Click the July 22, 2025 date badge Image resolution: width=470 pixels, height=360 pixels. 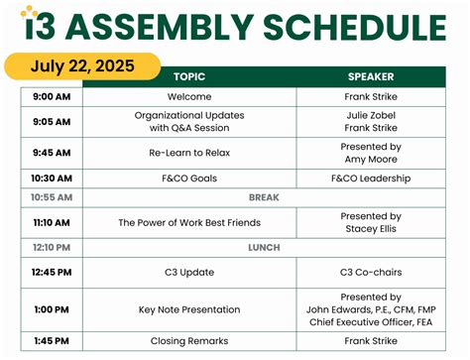tap(80, 66)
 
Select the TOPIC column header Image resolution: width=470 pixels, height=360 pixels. tap(189, 76)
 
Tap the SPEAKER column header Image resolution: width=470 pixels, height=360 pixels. tap(371, 76)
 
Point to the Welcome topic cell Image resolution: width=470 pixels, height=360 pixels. tap(189, 97)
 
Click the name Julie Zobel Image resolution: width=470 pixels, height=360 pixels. tap(371, 115)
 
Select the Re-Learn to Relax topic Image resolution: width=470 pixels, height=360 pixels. tap(189, 153)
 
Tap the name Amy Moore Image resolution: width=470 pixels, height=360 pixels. tap(371, 159)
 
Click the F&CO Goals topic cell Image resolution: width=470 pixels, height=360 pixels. tap(189, 179)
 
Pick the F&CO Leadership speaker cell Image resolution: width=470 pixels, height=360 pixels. tap(371, 179)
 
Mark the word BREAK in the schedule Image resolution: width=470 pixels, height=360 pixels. tap(264, 197)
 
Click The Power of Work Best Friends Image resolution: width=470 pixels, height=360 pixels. tap(189, 222)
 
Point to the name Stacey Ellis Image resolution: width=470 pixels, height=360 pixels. tap(371, 228)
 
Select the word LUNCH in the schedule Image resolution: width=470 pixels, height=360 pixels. tap(264, 247)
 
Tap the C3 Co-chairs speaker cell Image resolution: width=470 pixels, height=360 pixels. tap(371, 272)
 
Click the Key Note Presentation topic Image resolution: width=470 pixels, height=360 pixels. tap(189, 309)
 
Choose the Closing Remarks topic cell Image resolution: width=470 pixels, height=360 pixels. tap(189, 340)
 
